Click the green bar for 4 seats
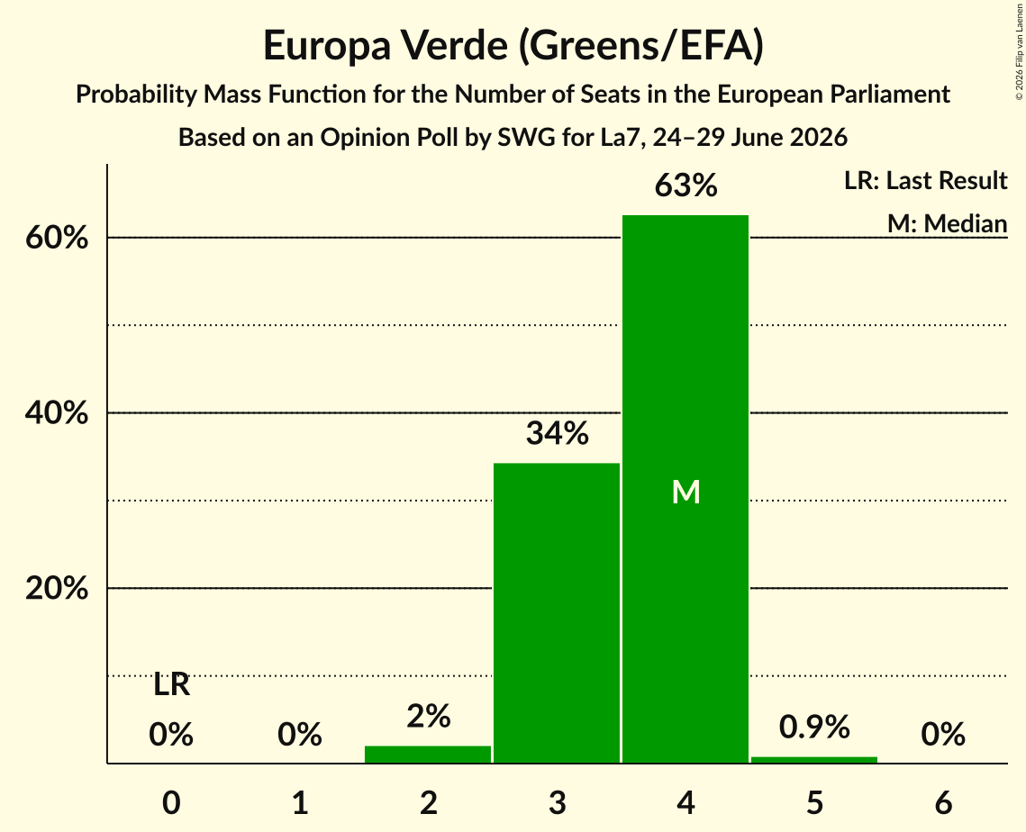686,489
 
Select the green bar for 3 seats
556,613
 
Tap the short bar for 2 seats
428,755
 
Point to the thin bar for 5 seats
814,759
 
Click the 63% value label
686,185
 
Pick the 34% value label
557,433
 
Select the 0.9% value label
814,727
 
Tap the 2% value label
429,716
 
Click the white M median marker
686,492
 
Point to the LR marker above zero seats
171,685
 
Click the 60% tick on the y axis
56,238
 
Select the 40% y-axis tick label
56,412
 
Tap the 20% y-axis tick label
56,588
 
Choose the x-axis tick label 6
943,802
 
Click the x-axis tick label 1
300,802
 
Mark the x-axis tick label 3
557,802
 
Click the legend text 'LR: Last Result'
925,180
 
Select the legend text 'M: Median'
947,223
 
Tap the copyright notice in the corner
1019,52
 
